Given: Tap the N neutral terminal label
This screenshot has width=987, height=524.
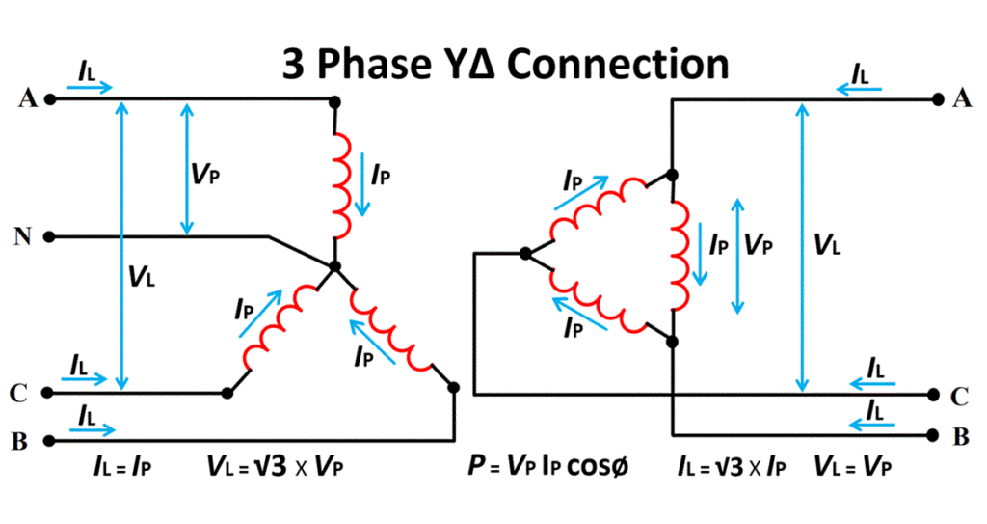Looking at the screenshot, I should point(20,236).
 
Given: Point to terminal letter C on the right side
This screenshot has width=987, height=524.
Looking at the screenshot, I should point(960,396).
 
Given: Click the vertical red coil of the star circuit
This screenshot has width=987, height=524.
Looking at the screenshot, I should point(341,183).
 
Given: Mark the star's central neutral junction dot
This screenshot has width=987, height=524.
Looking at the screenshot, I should point(334,265).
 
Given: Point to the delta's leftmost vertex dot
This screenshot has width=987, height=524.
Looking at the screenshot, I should point(525,254).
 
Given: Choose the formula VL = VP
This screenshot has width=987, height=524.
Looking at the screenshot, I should point(852,467).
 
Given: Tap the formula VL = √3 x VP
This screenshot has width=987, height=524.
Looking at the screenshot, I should point(275,467).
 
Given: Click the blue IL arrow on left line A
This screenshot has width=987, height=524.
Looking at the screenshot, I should point(90,88).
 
